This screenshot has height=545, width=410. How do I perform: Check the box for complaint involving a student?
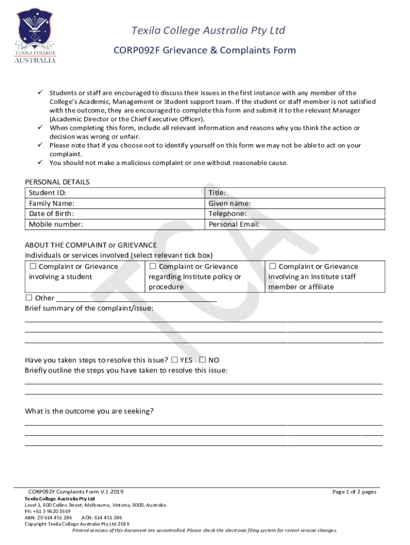tap(32, 266)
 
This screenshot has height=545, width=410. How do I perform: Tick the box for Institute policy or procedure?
tap(153, 266)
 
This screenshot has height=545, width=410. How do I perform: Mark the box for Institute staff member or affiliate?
tap(273, 266)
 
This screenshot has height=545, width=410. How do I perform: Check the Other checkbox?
tap(29, 298)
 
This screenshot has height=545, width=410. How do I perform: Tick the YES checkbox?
tap(175, 360)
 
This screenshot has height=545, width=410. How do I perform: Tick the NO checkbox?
tap(202, 360)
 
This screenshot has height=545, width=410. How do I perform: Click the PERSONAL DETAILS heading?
tap(57, 182)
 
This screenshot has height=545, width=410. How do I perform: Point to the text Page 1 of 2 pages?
tap(354, 492)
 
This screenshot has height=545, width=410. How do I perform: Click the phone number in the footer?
tap(47, 511)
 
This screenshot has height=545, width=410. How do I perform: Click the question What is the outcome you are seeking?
tap(89, 411)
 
